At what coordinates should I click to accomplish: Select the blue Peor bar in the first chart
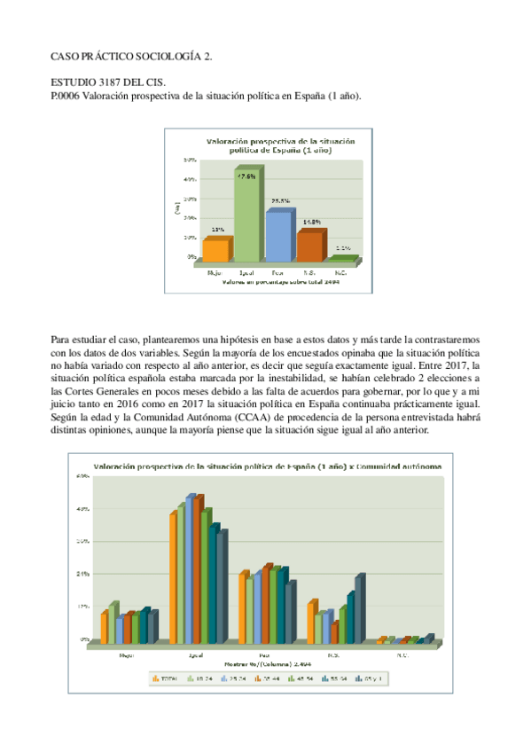[x=278, y=237]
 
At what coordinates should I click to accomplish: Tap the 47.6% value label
[x=246, y=176]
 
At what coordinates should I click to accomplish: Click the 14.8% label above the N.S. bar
[x=311, y=222]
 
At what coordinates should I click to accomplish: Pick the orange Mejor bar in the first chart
[x=215, y=249]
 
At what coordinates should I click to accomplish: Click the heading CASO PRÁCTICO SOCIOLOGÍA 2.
[x=132, y=57]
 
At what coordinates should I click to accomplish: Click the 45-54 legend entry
[x=293, y=678]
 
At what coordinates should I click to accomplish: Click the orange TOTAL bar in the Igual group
[x=174, y=577]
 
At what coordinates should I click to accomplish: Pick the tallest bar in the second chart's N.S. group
[x=359, y=608]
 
